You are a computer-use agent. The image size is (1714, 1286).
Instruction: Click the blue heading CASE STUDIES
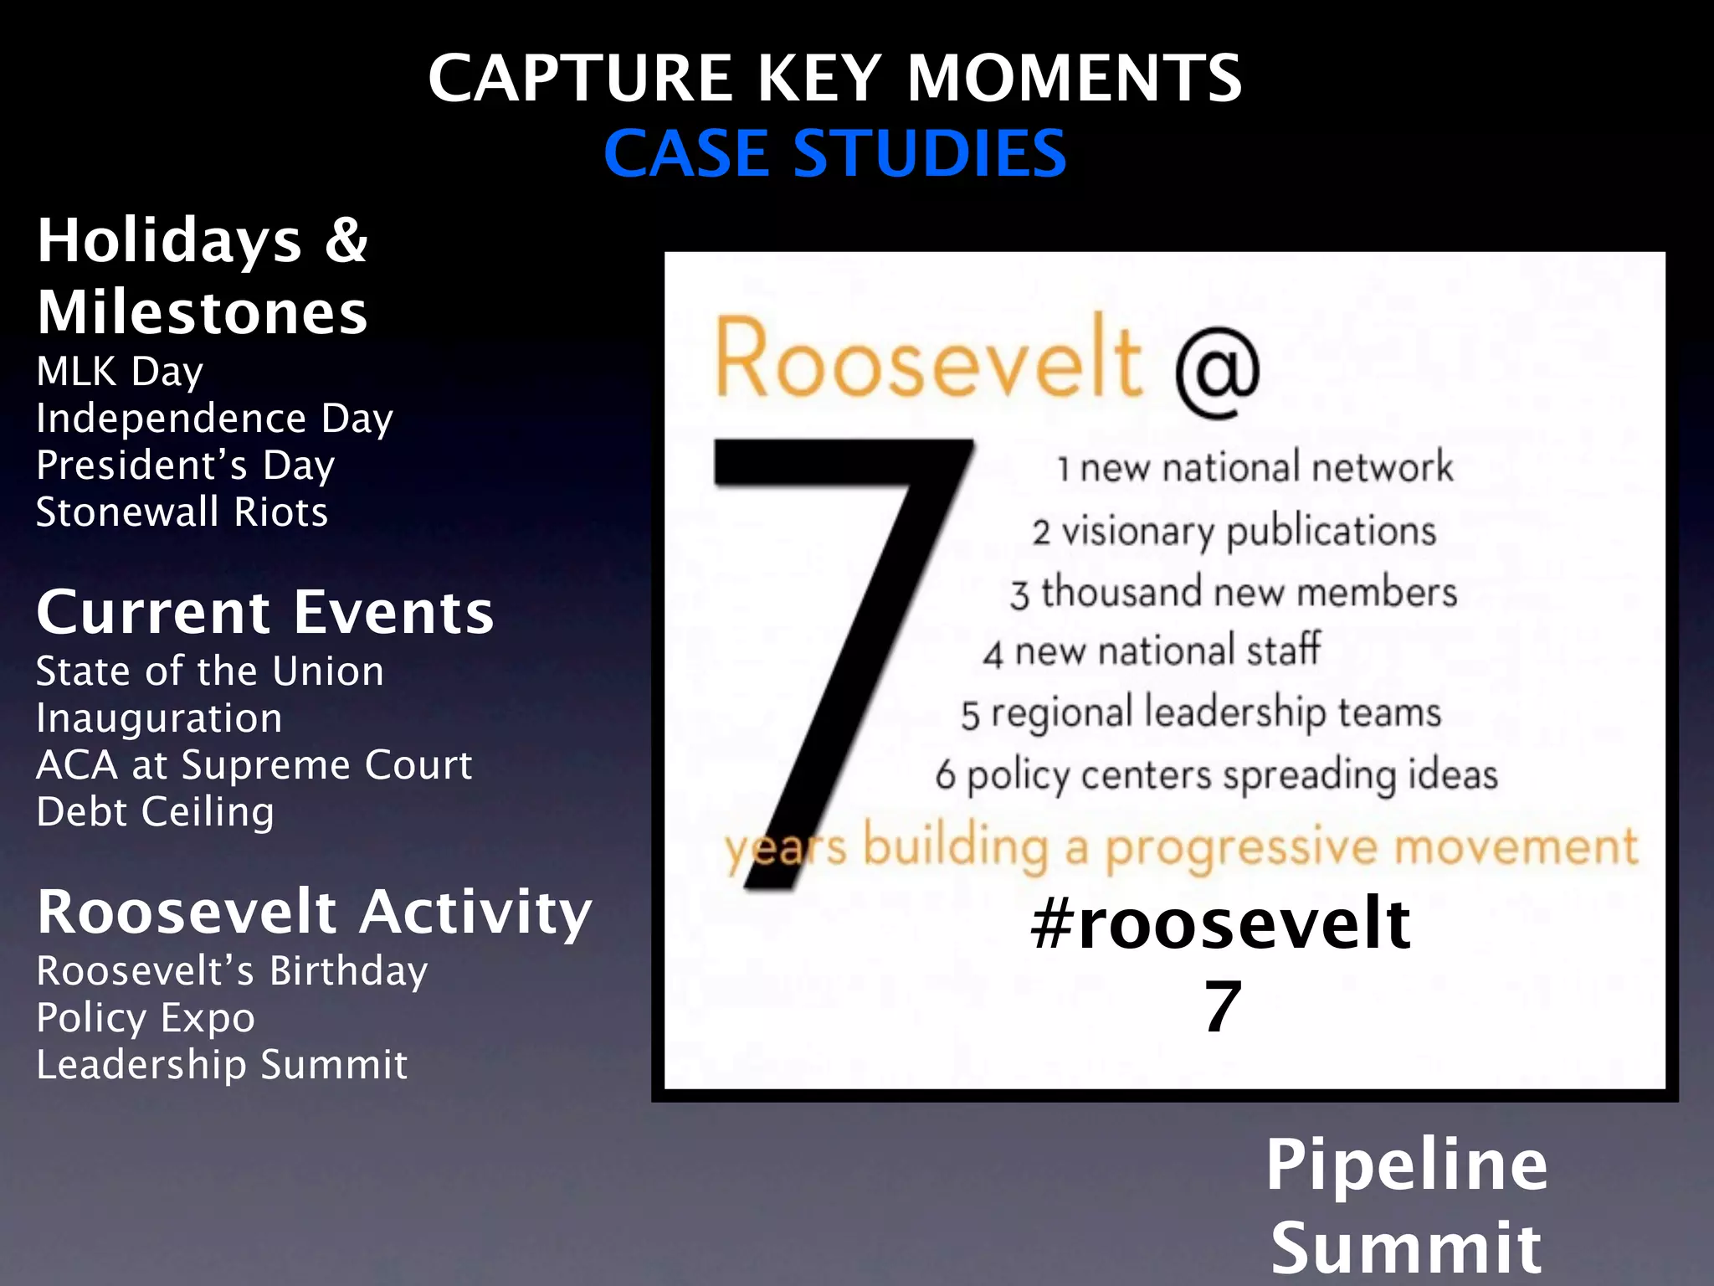coord(835,154)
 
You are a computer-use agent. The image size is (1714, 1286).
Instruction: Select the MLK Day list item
coord(120,371)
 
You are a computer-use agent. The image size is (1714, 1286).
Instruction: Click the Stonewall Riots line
coord(182,512)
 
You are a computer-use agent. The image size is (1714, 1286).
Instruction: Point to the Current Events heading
coord(265,612)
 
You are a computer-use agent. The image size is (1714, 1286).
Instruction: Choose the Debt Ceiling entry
coord(155,811)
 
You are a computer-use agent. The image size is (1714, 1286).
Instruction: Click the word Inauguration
coord(159,718)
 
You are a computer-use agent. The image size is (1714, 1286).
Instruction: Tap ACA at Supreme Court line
coord(254,765)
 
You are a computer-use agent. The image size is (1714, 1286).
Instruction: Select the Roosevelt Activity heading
coord(314,912)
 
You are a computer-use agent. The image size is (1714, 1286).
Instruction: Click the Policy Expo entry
coord(146,1018)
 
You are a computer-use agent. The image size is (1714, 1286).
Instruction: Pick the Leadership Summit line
coord(222,1065)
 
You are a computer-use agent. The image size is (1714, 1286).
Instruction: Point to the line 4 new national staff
coord(1152,651)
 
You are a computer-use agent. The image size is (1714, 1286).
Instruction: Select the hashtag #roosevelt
coord(1220,923)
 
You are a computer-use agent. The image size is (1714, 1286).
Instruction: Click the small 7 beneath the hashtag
coord(1222,1007)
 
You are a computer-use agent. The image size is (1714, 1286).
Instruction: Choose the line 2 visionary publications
coord(1234,531)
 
